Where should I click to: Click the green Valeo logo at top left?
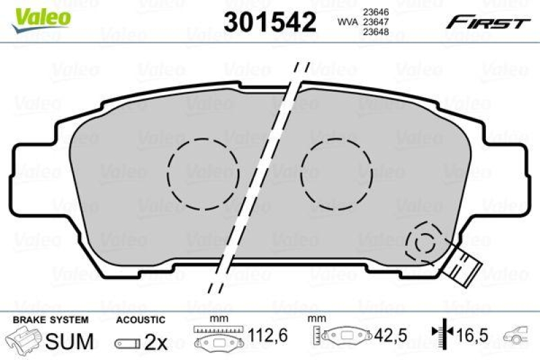click(38, 15)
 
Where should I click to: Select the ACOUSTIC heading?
click(140, 318)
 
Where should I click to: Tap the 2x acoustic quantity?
click(156, 342)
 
